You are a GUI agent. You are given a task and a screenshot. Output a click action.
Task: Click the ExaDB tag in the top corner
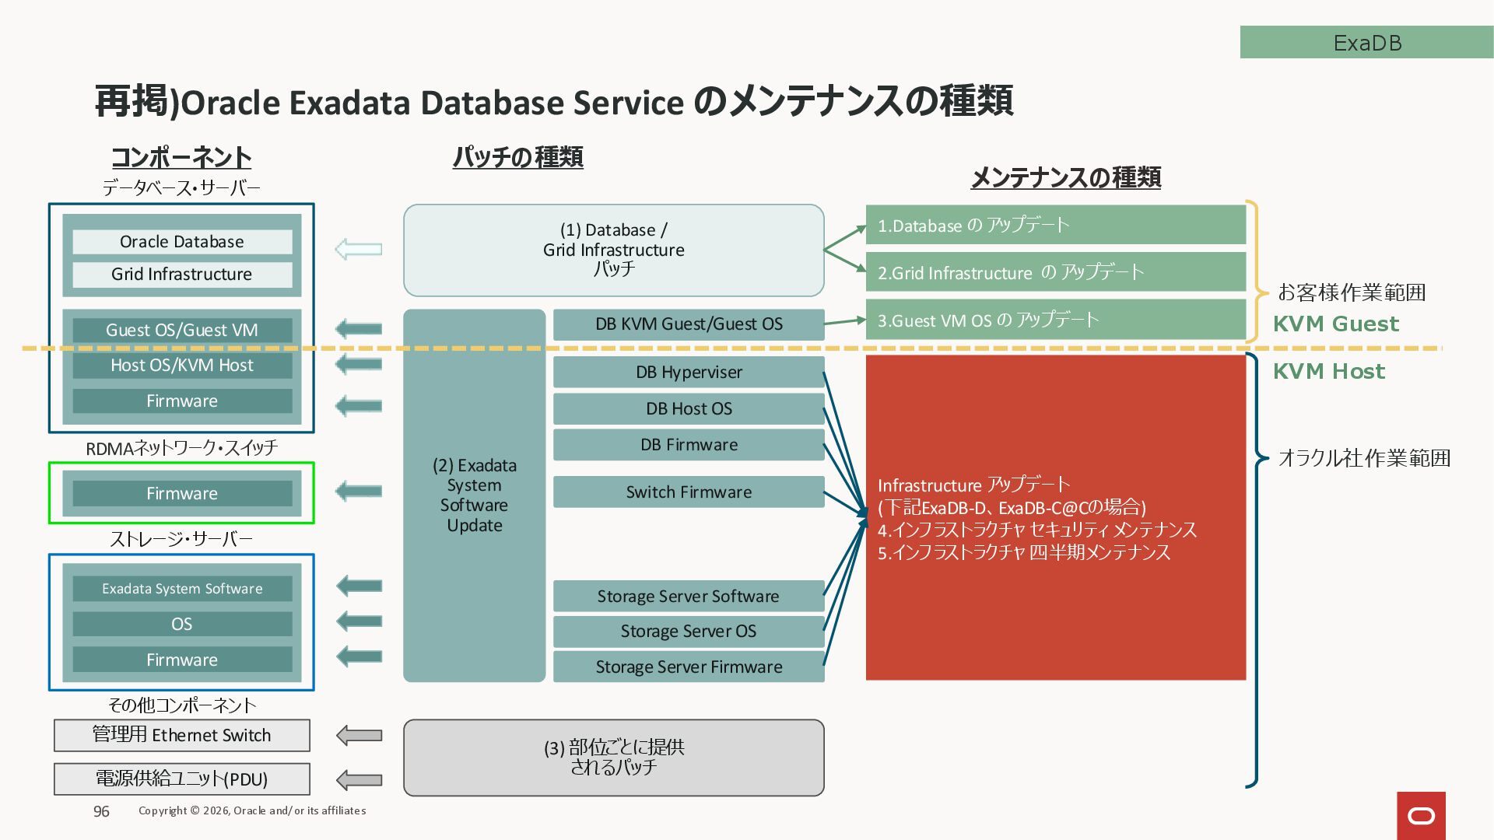click(1366, 42)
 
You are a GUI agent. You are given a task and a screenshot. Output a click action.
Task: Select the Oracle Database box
click(182, 242)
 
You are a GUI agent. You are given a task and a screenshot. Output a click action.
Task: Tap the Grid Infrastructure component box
click(182, 275)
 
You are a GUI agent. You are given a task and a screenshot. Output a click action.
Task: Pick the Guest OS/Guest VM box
click(182, 330)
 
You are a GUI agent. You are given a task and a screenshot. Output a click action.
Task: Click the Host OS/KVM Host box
click(182, 366)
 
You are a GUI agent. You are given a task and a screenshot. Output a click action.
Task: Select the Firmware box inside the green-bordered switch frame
click(182, 493)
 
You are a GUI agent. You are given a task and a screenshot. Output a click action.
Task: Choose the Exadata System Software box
click(182, 589)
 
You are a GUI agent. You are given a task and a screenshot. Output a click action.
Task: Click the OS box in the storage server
click(182, 624)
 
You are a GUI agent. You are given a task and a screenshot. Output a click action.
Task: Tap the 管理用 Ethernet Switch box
click(182, 735)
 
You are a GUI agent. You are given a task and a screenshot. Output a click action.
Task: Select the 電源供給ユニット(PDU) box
click(182, 779)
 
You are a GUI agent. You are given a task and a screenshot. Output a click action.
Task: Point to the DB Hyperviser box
click(689, 372)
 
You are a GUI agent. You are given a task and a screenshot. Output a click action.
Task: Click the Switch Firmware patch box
click(689, 492)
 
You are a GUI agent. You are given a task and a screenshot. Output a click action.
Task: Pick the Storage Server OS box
click(689, 632)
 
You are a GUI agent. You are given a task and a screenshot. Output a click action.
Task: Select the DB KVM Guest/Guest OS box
click(689, 324)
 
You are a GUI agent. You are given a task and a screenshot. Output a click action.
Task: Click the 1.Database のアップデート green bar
click(1055, 226)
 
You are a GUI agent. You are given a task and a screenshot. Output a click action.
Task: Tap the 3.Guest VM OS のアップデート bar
click(1055, 320)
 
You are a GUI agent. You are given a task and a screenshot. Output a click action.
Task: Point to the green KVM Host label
click(1328, 371)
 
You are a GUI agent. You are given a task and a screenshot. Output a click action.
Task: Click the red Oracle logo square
click(1421, 815)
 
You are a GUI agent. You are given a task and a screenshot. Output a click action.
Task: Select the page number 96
click(101, 811)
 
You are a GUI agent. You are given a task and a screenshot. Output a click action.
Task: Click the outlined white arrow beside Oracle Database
click(359, 249)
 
